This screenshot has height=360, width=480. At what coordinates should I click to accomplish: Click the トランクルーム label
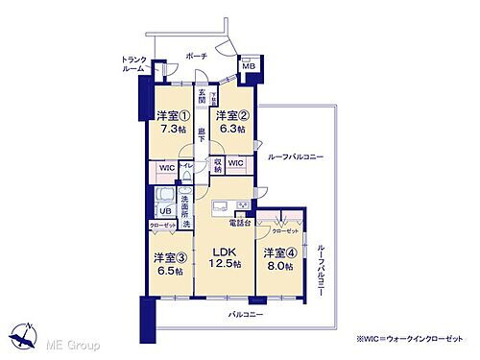coord(132,63)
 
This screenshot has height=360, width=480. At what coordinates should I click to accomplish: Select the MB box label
coord(248,65)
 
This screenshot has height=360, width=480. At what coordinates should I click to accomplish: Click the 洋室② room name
coord(232,112)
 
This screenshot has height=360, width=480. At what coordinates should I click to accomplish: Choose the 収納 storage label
coord(218,164)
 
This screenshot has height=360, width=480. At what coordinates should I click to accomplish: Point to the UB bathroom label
coord(164,210)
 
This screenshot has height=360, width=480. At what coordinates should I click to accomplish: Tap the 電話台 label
coord(238,223)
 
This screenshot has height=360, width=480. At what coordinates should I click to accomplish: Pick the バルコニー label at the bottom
coord(246,313)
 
